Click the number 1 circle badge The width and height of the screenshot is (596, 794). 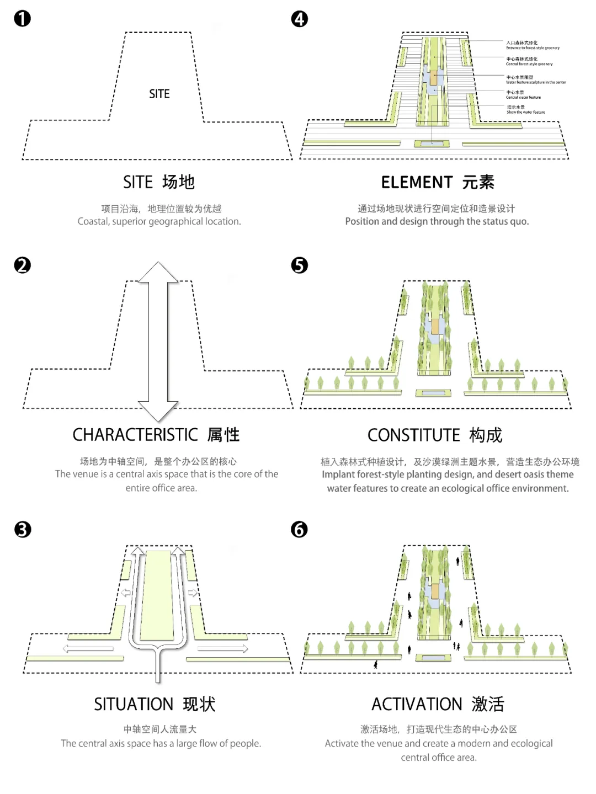coord(23,19)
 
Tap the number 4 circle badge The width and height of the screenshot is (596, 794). coord(300,19)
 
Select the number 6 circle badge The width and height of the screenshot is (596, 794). coord(299,530)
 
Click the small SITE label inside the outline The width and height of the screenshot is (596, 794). coord(159,94)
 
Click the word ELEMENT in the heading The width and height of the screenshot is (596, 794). coord(417,182)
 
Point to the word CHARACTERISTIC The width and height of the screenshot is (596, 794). coord(135,435)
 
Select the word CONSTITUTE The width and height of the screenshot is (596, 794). coord(413,435)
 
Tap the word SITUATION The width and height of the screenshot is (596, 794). coord(134,704)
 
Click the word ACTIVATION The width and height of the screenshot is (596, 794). coord(417,704)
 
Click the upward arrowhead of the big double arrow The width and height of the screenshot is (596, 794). coord(158,271)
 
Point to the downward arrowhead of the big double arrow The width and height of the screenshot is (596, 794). coord(158,412)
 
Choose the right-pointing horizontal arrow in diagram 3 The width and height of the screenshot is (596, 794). coord(223,648)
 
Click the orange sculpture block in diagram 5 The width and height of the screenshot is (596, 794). coord(435,326)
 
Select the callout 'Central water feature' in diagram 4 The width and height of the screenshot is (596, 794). coord(523,95)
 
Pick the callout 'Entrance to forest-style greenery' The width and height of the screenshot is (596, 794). coord(533,45)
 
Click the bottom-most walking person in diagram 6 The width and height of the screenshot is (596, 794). coord(376,664)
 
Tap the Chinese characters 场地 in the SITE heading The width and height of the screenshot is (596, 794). coord(178,182)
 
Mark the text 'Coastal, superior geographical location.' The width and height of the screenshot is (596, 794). coord(159,222)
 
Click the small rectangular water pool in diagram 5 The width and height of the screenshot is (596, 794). coord(434,393)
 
